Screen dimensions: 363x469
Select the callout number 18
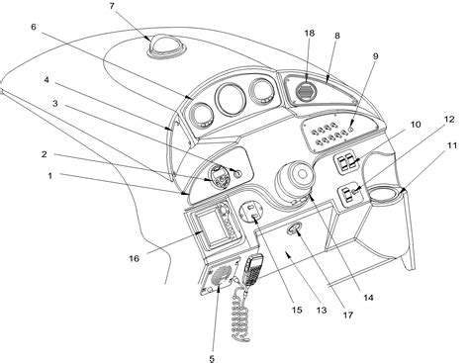pyautogui.click(x=310, y=35)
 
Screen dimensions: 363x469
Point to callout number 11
pyautogui.click(x=451, y=146)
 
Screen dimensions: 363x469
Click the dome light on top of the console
pyautogui.click(x=160, y=44)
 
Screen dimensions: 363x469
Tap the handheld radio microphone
pyautogui.click(x=253, y=267)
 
